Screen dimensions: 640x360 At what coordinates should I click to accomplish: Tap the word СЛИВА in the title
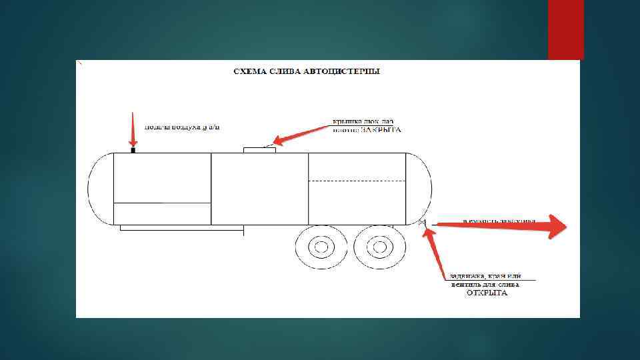click(x=286, y=71)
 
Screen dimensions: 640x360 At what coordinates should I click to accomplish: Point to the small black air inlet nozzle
click(x=133, y=150)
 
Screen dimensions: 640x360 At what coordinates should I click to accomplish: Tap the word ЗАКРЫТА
click(x=381, y=131)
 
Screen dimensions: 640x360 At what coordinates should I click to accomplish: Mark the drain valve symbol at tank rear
click(x=423, y=222)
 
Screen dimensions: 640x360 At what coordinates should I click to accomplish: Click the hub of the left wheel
click(x=322, y=249)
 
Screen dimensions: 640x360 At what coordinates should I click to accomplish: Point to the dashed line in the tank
click(x=357, y=181)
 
